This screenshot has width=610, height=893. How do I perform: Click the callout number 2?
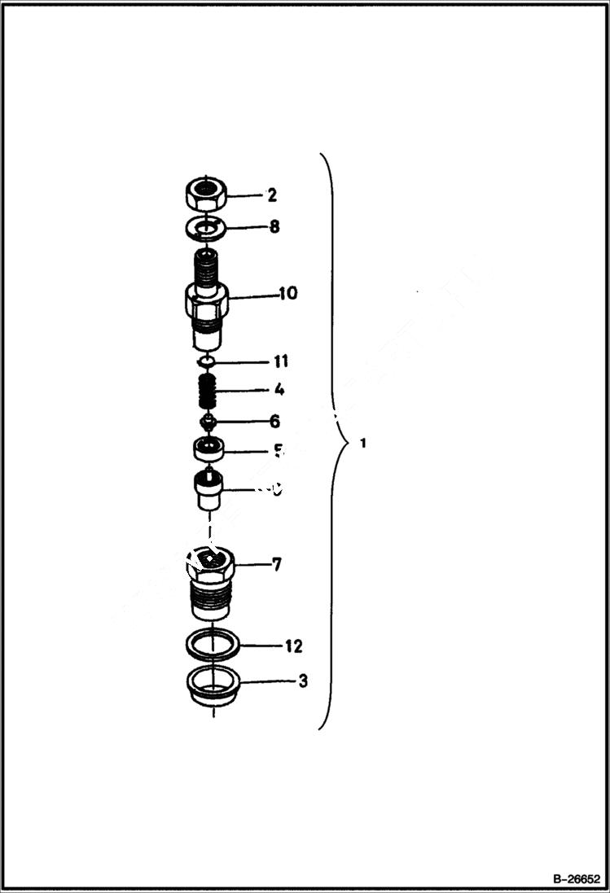[x=272, y=195]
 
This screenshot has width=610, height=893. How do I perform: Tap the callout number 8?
[x=274, y=226]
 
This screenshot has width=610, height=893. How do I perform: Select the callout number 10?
[x=287, y=293]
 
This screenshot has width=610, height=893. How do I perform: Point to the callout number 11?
[x=280, y=361]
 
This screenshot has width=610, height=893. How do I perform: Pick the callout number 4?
[x=279, y=390]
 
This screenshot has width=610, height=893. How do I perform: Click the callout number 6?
[x=274, y=421]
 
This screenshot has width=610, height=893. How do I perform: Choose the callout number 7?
[x=277, y=563]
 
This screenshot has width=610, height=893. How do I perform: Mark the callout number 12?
[x=293, y=646]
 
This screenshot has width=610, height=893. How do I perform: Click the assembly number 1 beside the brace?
[x=362, y=444]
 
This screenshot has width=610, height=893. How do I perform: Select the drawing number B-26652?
[x=577, y=879]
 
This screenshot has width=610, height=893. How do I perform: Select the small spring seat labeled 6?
[x=208, y=422]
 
